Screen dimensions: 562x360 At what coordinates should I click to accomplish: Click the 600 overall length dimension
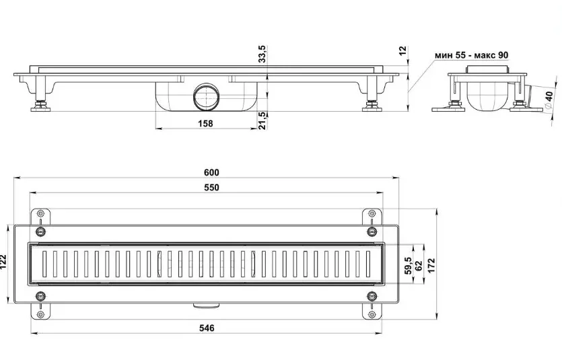[x=211, y=172]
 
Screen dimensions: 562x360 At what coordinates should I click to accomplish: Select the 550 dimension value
[x=211, y=187]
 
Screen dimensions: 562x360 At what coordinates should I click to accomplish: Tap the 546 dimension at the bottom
[x=207, y=328]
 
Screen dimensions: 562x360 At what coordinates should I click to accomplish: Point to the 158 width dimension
[x=205, y=124]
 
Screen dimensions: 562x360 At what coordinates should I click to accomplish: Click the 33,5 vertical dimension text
[x=262, y=54]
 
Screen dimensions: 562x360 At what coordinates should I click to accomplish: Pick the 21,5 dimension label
[x=262, y=120]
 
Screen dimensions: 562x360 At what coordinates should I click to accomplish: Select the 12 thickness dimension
[x=403, y=50]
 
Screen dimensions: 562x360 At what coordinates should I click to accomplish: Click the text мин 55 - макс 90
[x=471, y=55]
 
